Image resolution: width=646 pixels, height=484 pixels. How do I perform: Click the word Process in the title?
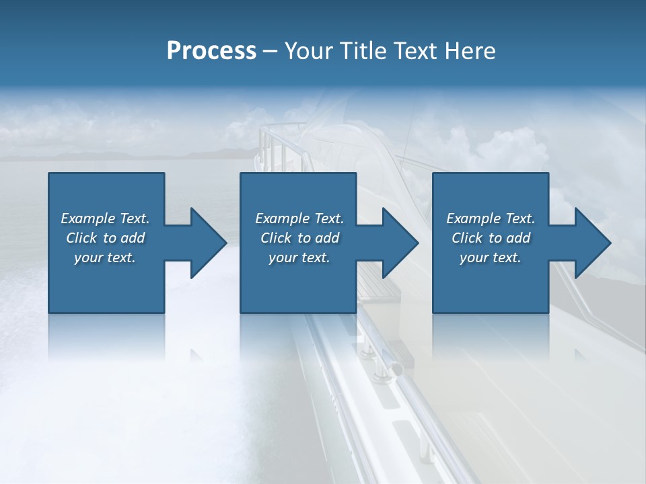pyautogui.click(x=211, y=51)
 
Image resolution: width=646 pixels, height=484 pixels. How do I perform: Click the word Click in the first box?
pyautogui.click(x=81, y=238)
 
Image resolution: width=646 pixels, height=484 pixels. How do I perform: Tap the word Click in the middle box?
pyautogui.click(x=275, y=238)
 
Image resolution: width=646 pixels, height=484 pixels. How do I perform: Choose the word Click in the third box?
pyautogui.click(x=466, y=238)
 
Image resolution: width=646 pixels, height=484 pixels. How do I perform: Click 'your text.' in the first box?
pyautogui.click(x=105, y=257)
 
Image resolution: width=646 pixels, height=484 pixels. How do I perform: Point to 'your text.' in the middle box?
pyautogui.click(x=299, y=257)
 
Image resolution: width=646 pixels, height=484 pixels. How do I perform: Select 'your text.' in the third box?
pyautogui.click(x=490, y=257)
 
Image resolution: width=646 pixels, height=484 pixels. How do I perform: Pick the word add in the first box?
pyautogui.click(x=132, y=238)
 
